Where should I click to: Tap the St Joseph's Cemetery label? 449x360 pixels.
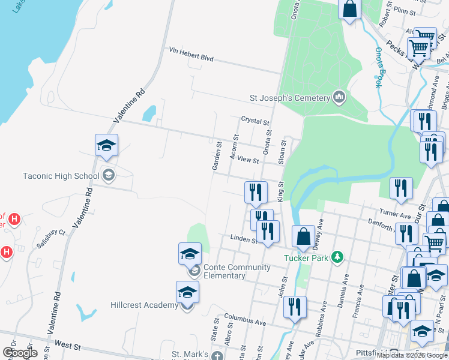pos(290,98)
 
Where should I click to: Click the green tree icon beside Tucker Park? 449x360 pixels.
pos(337,257)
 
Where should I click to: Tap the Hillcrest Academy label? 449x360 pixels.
pos(144,305)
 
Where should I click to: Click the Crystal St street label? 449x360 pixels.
pos(255,121)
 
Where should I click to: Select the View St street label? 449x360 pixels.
pos(247,160)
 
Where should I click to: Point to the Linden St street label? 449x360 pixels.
pos(244,239)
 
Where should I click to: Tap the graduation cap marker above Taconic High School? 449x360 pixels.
pos(106,145)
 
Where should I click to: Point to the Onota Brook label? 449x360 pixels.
pos(378,67)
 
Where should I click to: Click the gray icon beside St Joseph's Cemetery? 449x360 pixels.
pos(339,97)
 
